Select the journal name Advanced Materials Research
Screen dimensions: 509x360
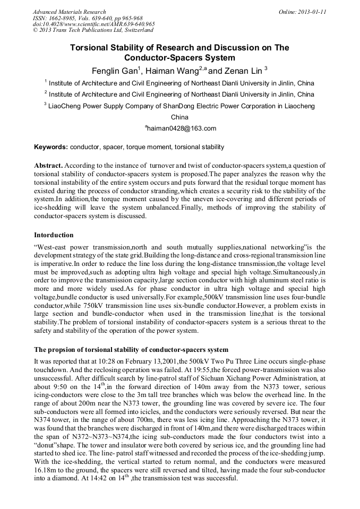point(69,12)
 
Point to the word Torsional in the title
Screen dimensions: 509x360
point(91,48)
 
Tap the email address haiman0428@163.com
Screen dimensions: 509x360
point(181,128)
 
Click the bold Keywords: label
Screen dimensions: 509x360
point(51,147)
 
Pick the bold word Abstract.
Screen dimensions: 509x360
point(48,166)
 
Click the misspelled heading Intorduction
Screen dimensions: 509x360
point(54,235)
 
